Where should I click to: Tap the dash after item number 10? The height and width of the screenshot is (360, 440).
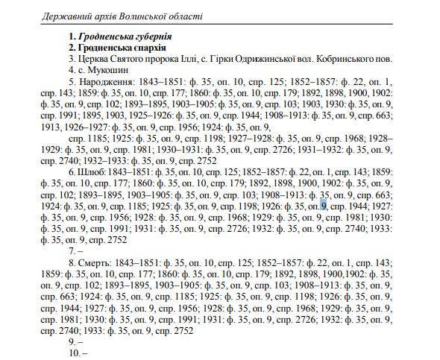[85, 352]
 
